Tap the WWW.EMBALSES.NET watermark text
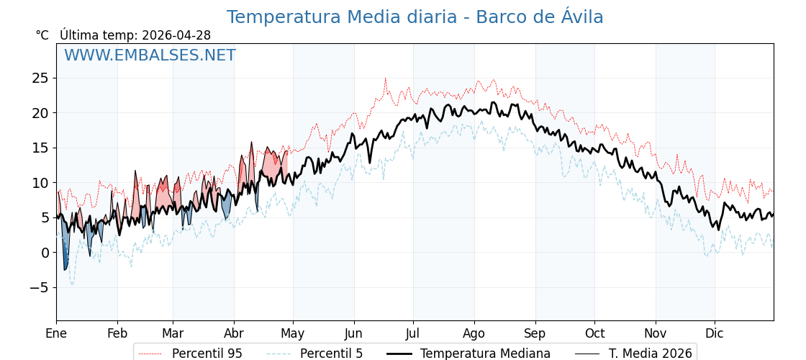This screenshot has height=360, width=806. click(150, 55)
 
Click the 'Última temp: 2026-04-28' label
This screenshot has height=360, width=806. click(135, 35)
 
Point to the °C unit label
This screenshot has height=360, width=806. click(42, 35)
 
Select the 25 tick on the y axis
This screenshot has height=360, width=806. click(40, 78)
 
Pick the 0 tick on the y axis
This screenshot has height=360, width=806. click(45, 253)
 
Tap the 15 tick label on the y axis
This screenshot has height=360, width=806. click(40, 148)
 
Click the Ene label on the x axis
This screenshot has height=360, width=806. click(56, 333)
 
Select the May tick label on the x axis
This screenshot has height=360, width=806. click(292, 333)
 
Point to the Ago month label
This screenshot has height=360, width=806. click(474, 333)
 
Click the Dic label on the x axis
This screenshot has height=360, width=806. click(715, 333)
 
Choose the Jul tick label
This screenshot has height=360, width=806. click(413, 333)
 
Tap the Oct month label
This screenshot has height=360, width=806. click(594, 333)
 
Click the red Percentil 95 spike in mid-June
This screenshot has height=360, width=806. click(385, 79)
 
